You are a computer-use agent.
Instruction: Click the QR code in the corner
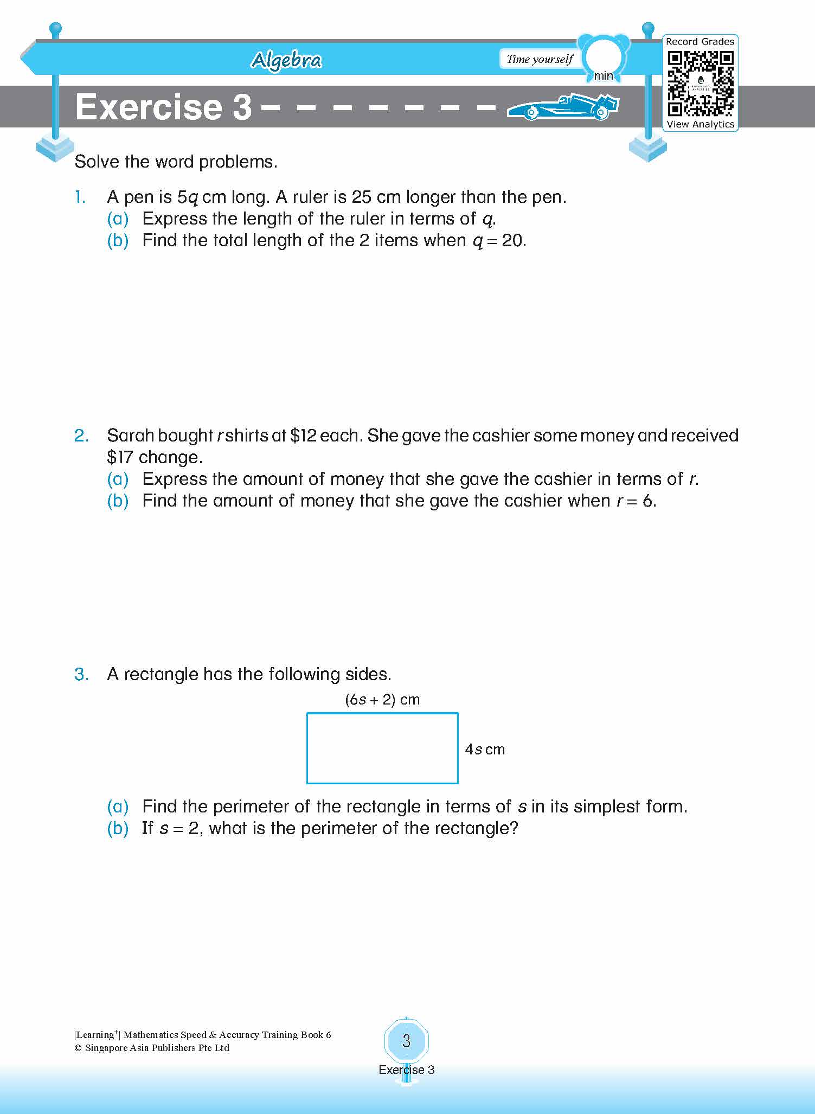pyautogui.click(x=700, y=83)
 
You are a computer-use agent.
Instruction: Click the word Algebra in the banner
pyautogui.click(x=286, y=60)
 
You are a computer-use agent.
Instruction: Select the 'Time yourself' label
pyautogui.click(x=540, y=59)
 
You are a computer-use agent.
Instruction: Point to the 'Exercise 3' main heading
pyautogui.click(x=163, y=107)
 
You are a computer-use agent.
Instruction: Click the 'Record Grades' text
pyautogui.click(x=700, y=42)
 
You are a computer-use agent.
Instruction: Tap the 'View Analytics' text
pyautogui.click(x=700, y=124)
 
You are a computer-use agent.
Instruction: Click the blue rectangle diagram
pyautogui.click(x=382, y=748)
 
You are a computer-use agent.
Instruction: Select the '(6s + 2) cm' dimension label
pyautogui.click(x=382, y=700)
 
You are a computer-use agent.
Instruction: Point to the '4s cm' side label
pyautogui.click(x=485, y=749)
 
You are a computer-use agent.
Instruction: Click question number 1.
pyautogui.click(x=80, y=197)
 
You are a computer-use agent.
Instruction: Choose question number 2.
pyautogui.click(x=81, y=436)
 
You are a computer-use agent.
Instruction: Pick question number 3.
pyautogui.click(x=81, y=674)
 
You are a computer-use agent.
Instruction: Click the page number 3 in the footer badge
pyautogui.click(x=407, y=1041)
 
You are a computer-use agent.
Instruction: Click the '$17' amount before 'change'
pyautogui.click(x=120, y=457)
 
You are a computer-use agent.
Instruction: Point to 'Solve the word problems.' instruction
pyautogui.click(x=176, y=162)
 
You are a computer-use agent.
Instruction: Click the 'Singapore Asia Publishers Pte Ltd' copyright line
pyautogui.click(x=152, y=1048)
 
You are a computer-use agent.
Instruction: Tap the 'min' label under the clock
pyautogui.click(x=603, y=76)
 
